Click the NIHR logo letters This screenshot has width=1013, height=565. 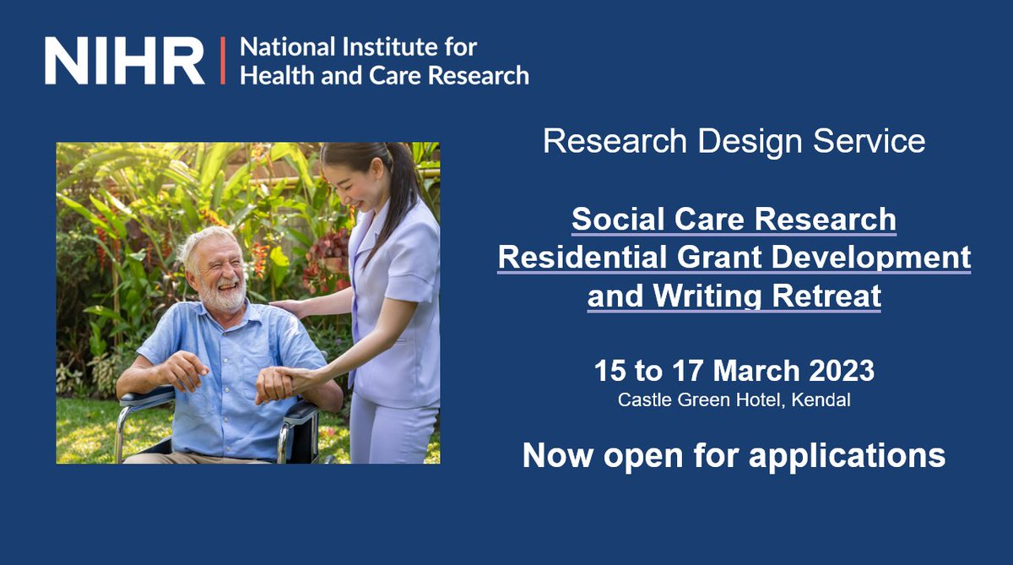[124, 60]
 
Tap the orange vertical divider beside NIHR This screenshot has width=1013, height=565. [224, 60]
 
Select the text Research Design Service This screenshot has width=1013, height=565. [734, 141]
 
